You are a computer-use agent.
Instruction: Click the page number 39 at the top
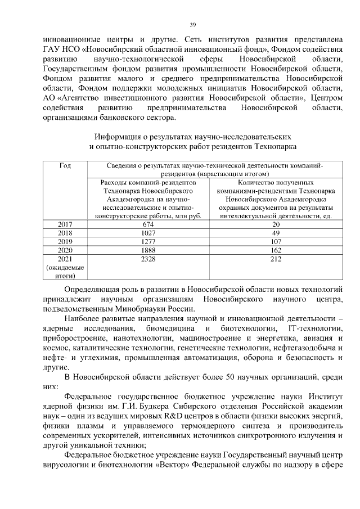click(x=193, y=25)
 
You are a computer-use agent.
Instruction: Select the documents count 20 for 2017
click(x=275, y=224)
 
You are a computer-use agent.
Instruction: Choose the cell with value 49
click(x=275, y=232)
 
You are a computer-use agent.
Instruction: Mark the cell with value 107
click(x=275, y=241)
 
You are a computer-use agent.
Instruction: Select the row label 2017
click(x=65, y=224)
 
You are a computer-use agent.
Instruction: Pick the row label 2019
click(x=65, y=241)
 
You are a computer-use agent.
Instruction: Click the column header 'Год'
click(x=65, y=166)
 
